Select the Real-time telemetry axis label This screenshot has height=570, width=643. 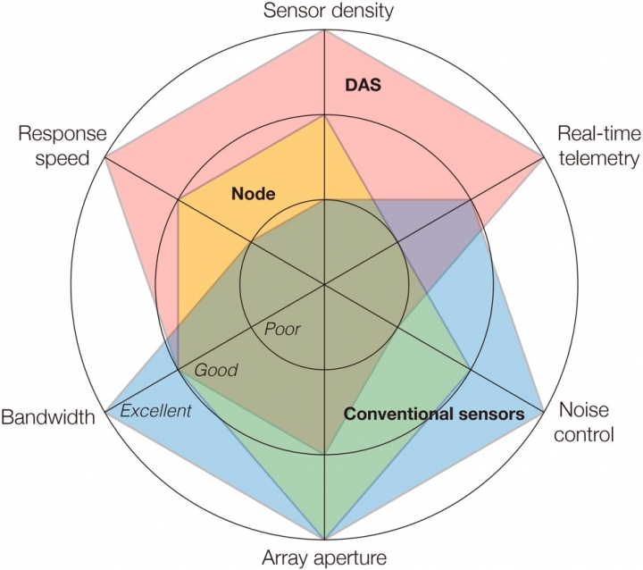(x=598, y=147)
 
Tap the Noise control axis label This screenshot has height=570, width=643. (x=585, y=422)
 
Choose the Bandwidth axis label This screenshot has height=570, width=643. (x=47, y=417)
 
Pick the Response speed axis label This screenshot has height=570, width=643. (x=62, y=147)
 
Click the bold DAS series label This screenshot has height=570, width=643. (x=363, y=85)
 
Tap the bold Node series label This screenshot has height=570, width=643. (x=253, y=194)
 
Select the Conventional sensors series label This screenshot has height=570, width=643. (x=434, y=415)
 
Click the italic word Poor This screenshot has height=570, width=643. (x=282, y=329)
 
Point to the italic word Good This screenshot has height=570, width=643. (x=216, y=369)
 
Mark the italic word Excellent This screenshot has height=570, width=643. (x=155, y=411)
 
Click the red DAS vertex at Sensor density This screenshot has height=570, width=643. (x=324, y=29)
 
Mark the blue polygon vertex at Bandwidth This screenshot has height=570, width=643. (x=104, y=412)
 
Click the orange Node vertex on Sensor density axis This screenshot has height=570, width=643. (x=324, y=115)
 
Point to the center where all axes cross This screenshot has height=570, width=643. (x=324, y=285)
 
